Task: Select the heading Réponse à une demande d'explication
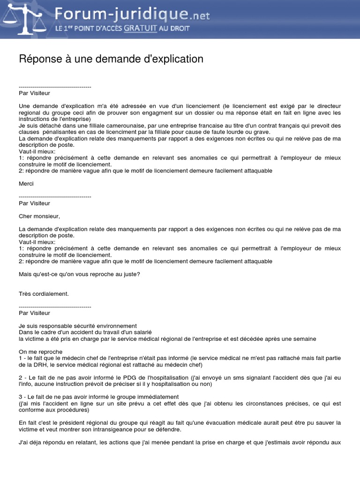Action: [111, 59]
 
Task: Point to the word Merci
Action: [26, 184]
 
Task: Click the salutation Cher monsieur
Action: [40, 217]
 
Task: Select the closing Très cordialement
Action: [44, 294]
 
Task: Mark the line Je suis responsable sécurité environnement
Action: [77, 326]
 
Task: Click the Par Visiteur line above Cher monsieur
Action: [34, 203]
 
